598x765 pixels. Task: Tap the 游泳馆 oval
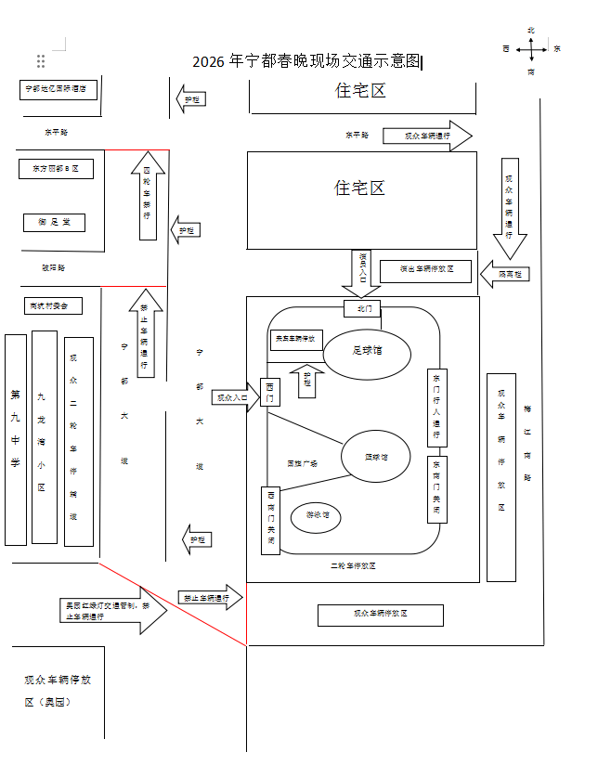click(315, 515)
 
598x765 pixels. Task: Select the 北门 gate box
click(362, 307)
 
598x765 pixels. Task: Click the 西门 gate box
click(270, 392)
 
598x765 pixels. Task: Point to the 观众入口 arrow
click(233, 397)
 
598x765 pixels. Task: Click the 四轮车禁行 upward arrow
click(148, 195)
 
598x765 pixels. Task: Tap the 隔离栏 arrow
click(505, 274)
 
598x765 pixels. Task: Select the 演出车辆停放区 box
click(426, 270)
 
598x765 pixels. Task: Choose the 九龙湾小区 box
click(44, 436)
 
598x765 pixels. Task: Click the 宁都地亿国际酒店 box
click(58, 89)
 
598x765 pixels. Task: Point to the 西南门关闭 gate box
click(270, 520)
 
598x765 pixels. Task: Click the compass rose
click(530, 49)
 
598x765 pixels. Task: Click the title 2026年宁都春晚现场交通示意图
click(306, 62)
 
